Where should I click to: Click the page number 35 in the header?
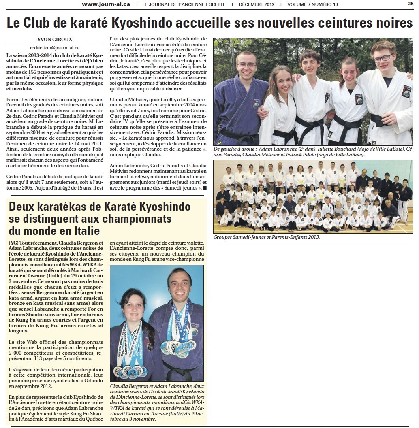tap(410, 4)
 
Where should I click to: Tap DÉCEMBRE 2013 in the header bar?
tap(257, 4)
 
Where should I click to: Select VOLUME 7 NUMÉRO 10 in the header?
tap(312, 4)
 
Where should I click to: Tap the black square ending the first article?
tap(205, 188)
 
